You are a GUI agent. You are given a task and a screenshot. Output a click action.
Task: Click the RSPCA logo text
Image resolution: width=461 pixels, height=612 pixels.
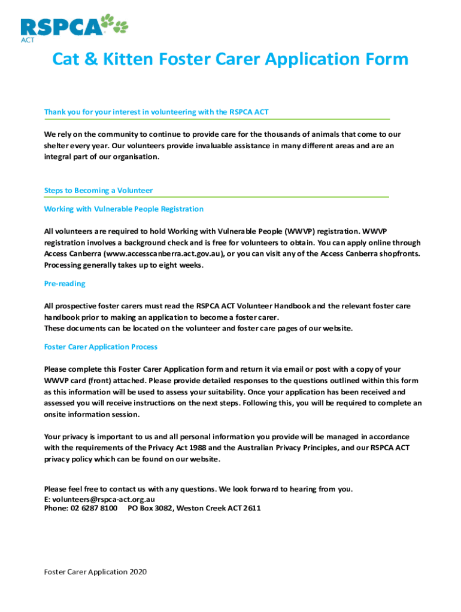62,27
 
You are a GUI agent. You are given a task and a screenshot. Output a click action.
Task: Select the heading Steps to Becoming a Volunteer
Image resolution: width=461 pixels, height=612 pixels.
98,191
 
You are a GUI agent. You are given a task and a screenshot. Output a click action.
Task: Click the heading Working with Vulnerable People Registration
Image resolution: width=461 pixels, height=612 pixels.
124,209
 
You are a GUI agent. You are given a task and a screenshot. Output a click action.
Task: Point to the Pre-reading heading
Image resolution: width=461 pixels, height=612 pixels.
65,284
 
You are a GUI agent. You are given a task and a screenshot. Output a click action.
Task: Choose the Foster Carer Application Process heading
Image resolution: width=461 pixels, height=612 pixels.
101,347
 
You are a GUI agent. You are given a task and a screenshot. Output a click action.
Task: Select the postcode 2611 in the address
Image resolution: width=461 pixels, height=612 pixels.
251,509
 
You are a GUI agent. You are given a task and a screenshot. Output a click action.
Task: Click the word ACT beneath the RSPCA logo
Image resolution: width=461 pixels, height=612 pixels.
27,40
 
